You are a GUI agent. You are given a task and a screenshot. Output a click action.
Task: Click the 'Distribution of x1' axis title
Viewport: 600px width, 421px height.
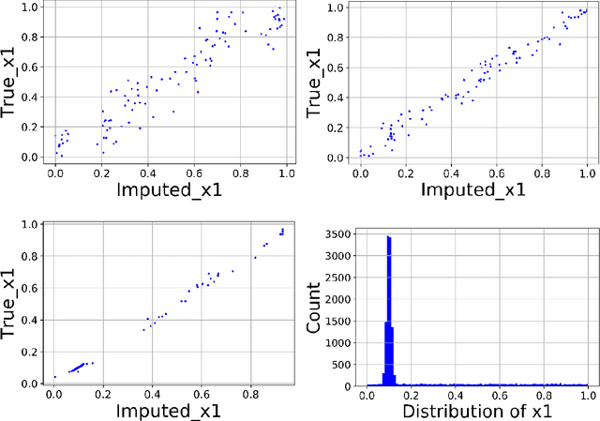pos(476,410)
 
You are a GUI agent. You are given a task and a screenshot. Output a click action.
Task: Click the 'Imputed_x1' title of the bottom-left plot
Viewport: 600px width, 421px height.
pos(170,410)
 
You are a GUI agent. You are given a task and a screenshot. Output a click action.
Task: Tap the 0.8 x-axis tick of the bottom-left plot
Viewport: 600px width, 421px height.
pos(250,394)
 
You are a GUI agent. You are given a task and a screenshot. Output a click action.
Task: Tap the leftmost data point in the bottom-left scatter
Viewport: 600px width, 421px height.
pos(55,377)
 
